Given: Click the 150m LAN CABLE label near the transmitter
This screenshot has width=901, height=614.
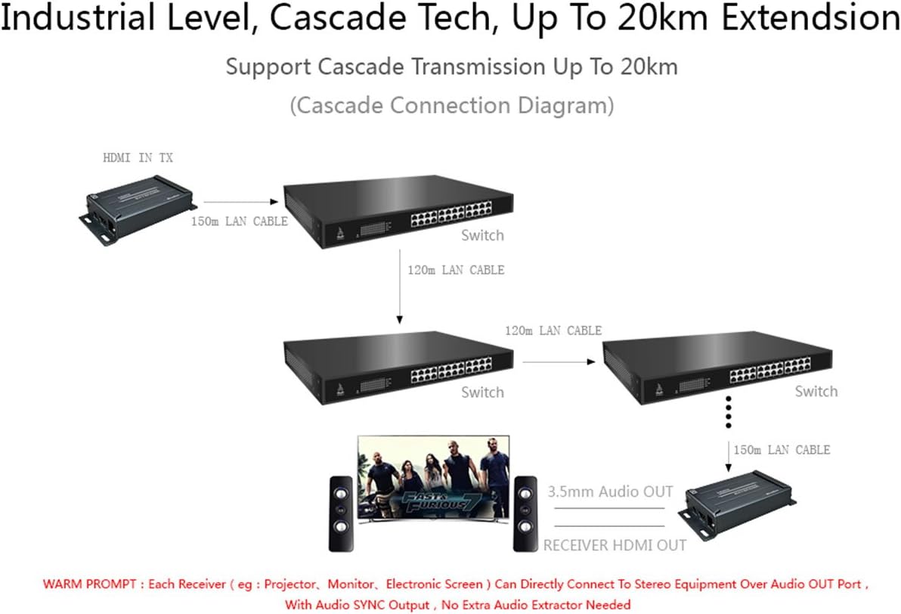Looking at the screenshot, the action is [x=239, y=221].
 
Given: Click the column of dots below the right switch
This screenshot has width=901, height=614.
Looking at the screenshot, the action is [x=729, y=413].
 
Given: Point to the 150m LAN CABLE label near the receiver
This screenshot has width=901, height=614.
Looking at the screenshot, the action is [x=782, y=450].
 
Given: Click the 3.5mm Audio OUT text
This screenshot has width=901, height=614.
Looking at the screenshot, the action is [x=610, y=492].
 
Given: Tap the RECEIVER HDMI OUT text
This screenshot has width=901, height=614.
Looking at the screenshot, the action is [x=615, y=545].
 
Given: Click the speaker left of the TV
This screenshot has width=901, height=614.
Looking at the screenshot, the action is [x=341, y=513].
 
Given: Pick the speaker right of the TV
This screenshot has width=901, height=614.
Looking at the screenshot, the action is [x=525, y=513].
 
